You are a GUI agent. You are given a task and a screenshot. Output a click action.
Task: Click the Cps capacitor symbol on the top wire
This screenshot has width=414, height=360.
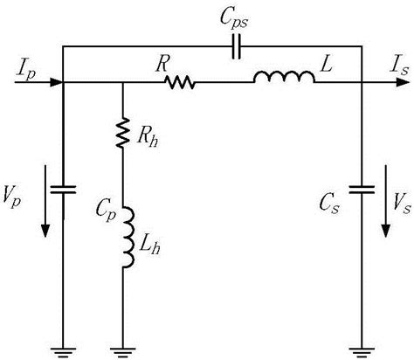tap(234, 50)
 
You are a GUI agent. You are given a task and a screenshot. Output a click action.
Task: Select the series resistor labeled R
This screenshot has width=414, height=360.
tap(179, 84)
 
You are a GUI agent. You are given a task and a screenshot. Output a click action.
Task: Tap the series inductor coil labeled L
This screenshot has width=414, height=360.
tap(284, 80)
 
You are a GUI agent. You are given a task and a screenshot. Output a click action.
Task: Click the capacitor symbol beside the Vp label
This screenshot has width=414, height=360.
tap(64, 188)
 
